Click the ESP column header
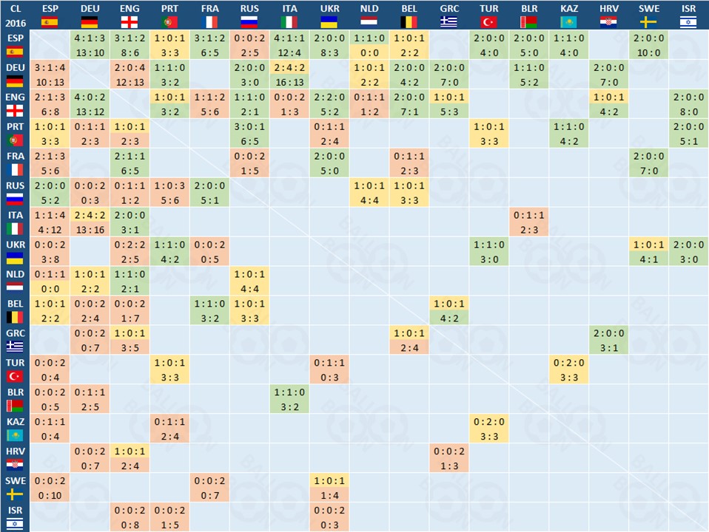tap(50, 15)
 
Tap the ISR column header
tap(689, 15)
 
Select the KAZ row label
tap(15, 429)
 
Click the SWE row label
tap(15, 488)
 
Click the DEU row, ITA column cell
tap(289, 74)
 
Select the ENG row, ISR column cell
tap(689, 103)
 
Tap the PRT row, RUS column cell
tap(249, 133)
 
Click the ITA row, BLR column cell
tap(529, 222)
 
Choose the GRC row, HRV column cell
tap(609, 340)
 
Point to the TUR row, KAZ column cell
tap(569, 369)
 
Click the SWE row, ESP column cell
tap(50, 488)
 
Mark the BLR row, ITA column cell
tap(289, 399)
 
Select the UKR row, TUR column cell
tap(489, 251)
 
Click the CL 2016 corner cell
tap(15, 15)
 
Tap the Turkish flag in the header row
tap(489, 21)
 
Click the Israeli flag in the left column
tap(15, 524)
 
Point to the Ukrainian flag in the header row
tap(329, 21)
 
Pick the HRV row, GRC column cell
tap(449, 458)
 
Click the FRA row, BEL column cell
tap(409, 163)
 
